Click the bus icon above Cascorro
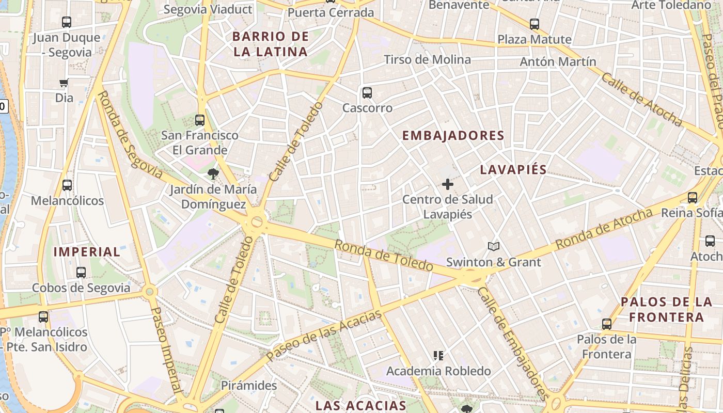367,93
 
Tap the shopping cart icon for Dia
64,83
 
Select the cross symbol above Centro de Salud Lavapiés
448,184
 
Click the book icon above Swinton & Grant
494,247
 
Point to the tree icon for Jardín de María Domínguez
212,173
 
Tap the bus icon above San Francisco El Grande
200,120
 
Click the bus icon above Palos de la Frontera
607,324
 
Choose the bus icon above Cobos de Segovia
81,272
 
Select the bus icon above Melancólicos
67,185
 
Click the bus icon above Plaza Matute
535,24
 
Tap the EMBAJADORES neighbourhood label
453,136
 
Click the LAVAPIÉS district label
513,170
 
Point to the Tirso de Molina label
427,60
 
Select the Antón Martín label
558,62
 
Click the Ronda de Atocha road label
604,229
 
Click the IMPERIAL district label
87,252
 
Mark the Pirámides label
249,386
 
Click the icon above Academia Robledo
438,355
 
